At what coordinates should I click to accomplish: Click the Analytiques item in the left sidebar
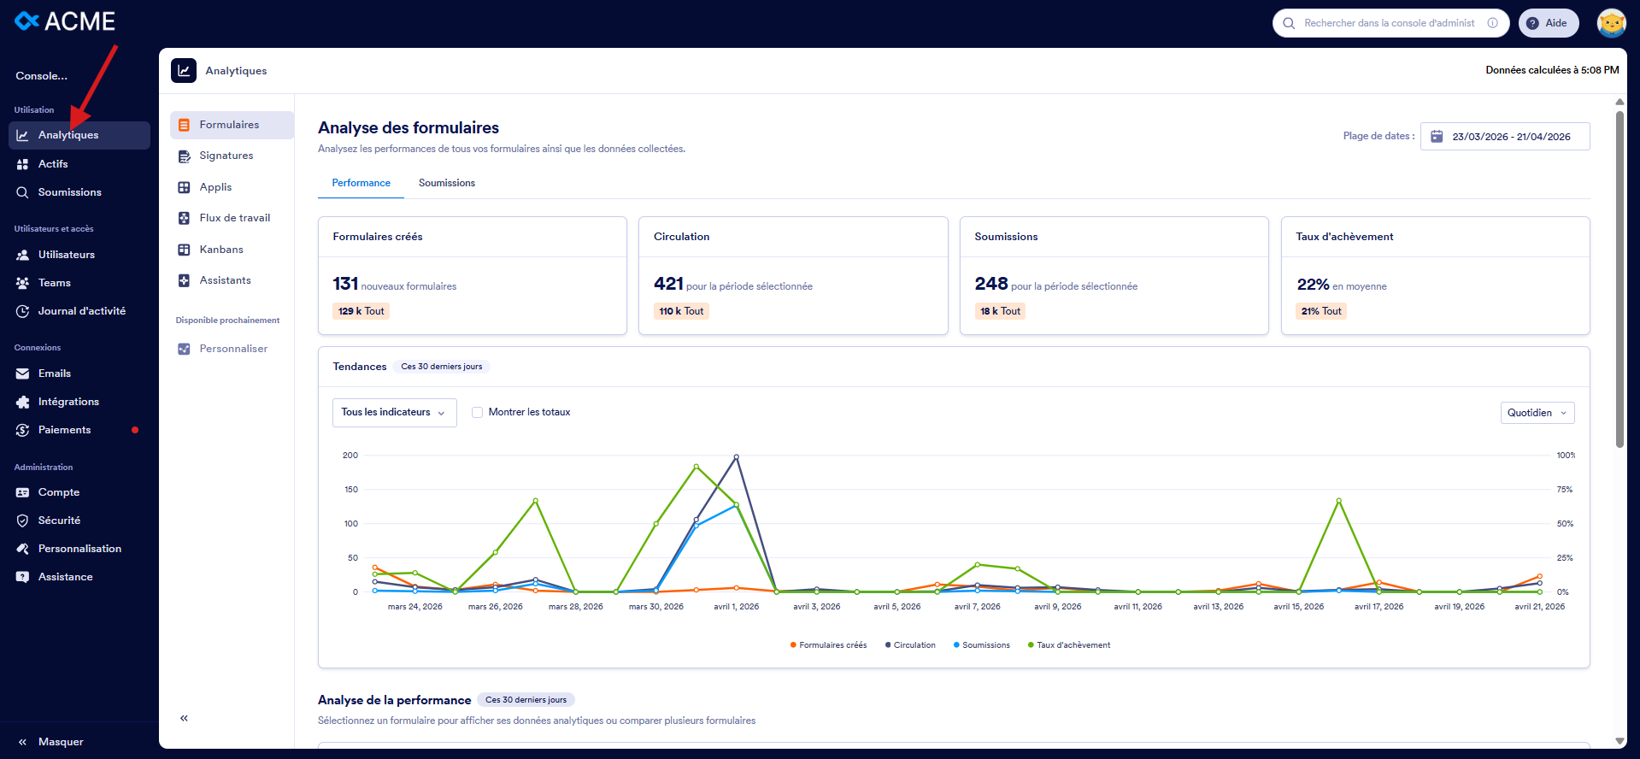click(68, 135)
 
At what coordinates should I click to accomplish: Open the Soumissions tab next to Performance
click(446, 183)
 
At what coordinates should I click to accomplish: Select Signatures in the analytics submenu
click(226, 156)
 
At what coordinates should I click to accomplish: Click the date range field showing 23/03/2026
click(1505, 137)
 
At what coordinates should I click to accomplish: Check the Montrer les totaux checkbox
click(478, 412)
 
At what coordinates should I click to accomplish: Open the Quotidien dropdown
click(1537, 413)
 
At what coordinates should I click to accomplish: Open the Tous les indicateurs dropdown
click(394, 412)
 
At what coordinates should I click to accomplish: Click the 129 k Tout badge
click(361, 311)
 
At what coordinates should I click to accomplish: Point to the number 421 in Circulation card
click(668, 284)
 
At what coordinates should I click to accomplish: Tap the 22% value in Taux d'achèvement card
click(1313, 285)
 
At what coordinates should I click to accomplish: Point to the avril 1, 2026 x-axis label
click(736, 607)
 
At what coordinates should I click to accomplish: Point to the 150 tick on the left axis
click(351, 490)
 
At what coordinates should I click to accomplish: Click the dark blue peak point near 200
click(736, 457)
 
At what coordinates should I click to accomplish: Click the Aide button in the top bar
click(1548, 23)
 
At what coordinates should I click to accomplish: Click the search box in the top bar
click(1389, 23)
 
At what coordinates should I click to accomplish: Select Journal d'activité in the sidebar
click(81, 311)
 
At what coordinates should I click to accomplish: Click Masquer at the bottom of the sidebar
click(60, 742)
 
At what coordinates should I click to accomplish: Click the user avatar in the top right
click(1611, 23)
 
